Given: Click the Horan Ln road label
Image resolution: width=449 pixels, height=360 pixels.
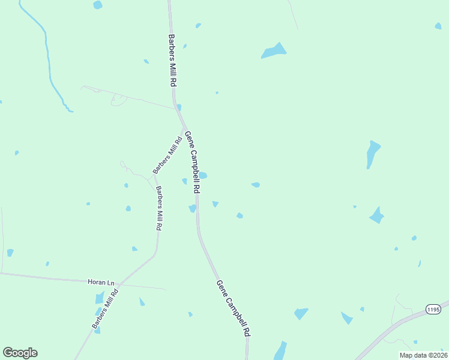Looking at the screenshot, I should click(x=101, y=282).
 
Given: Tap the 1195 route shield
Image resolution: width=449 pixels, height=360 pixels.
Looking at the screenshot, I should click(x=433, y=309).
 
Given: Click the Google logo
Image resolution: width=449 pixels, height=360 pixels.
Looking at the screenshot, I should click(x=20, y=353).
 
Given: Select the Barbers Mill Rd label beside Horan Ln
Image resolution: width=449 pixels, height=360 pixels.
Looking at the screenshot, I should click(x=105, y=307).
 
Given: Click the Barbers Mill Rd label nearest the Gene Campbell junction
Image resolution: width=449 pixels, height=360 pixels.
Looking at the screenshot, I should click(x=167, y=155).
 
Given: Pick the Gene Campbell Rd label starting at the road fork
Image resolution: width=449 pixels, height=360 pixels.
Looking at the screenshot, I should click(x=193, y=161).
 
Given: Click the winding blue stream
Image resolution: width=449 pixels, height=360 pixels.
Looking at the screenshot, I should click(x=48, y=60).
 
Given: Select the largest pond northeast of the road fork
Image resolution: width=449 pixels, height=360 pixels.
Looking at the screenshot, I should click(x=274, y=51).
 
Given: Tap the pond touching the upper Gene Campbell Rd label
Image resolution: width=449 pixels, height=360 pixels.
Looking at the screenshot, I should click(x=203, y=175).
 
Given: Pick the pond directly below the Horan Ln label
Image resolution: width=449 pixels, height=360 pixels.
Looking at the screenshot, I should click(x=100, y=298).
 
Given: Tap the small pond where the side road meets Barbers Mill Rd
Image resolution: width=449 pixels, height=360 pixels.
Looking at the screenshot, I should click(x=179, y=107).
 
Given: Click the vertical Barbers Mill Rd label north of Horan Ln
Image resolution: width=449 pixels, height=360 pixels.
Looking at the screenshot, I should click(x=158, y=208).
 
